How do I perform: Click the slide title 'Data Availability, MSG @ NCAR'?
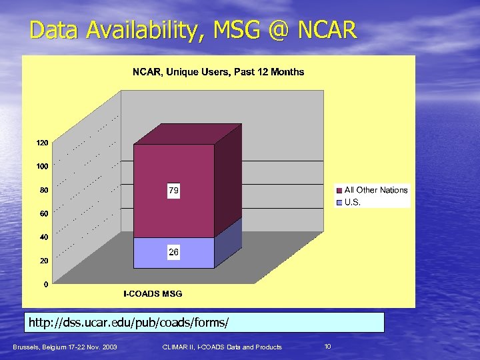pyautogui.click(x=193, y=30)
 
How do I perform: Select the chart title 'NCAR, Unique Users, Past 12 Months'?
pyautogui.click(x=218, y=72)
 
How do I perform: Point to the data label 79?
pyautogui.click(x=173, y=191)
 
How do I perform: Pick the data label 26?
pyautogui.click(x=173, y=252)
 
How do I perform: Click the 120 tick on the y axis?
pyautogui.click(x=41, y=143)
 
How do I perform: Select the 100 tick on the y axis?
pyautogui.click(x=41, y=166)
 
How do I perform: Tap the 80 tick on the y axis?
pyautogui.click(x=43, y=190)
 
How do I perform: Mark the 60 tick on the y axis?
pyautogui.click(x=43, y=213)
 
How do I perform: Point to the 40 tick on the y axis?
pyautogui.click(x=43, y=237)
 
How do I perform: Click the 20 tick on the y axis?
pyautogui.click(x=43, y=261)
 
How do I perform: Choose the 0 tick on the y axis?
pyautogui.click(x=45, y=285)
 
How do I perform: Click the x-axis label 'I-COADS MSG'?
pyautogui.click(x=153, y=293)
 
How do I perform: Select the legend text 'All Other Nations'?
pyautogui.click(x=375, y=190)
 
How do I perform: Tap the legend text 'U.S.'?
pyautogui.click(x=353, y=202)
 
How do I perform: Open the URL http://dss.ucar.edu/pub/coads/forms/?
pyautogui.click(x=129, y=323)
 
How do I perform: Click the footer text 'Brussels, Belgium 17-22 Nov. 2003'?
pyautogui.click(x=65, y=347)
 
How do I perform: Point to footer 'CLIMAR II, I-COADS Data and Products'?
pyautogui.click(x=222, y=347)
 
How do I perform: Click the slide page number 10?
pyautogui.click(x=327, y=346)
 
